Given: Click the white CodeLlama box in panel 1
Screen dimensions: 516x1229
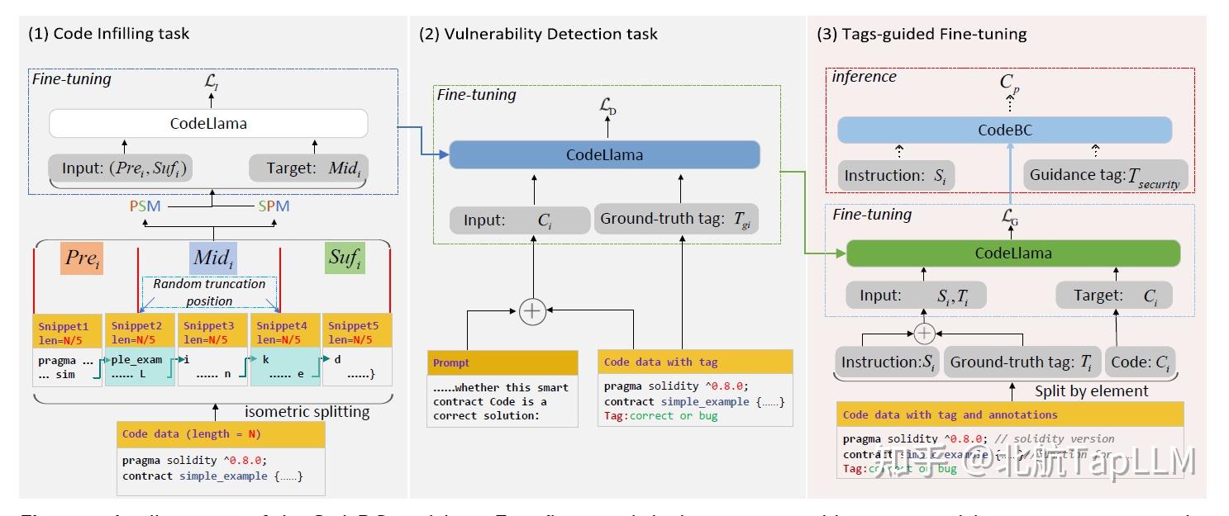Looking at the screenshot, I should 208,124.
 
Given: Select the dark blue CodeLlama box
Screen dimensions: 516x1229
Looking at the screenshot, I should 603,154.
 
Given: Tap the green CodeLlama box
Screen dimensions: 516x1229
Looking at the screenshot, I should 1012,253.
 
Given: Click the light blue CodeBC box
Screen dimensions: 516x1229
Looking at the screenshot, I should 1004,130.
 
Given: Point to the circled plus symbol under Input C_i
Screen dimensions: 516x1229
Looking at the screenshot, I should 533,310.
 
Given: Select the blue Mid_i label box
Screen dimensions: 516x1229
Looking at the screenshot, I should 212,258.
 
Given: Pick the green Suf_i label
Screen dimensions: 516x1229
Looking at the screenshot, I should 345,258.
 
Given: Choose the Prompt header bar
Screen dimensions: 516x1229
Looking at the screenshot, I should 503,362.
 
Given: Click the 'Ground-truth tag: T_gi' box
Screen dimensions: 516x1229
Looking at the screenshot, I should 676,220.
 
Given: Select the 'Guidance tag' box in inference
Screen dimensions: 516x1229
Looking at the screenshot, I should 1104,176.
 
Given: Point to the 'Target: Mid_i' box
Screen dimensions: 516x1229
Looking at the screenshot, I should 307,169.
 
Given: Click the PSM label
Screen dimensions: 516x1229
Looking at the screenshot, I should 145,206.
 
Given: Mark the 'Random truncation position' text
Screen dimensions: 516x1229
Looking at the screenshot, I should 209,291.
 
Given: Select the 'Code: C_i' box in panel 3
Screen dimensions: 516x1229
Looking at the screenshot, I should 1141,362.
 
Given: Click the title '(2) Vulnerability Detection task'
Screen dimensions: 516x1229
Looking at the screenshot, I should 538,34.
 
